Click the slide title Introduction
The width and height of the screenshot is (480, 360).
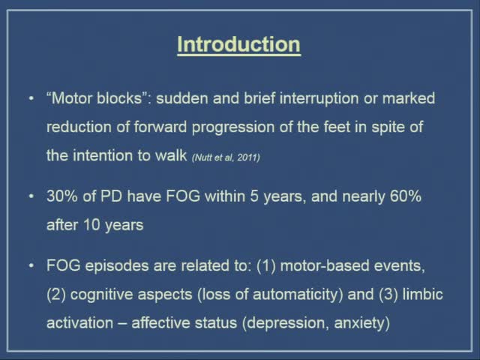tap(238, 45)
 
